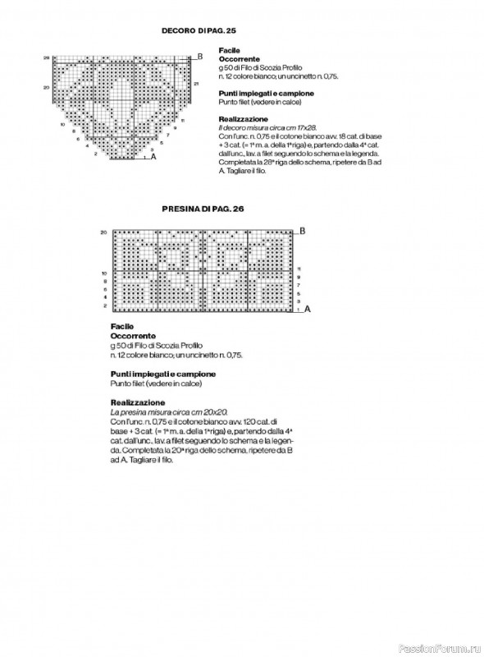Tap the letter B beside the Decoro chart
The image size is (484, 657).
201,56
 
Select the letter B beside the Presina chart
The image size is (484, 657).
302,231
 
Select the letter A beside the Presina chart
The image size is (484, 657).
307,310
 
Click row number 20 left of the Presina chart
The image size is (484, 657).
104,233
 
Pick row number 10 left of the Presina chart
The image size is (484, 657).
104,272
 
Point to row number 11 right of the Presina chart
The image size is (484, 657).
299,269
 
